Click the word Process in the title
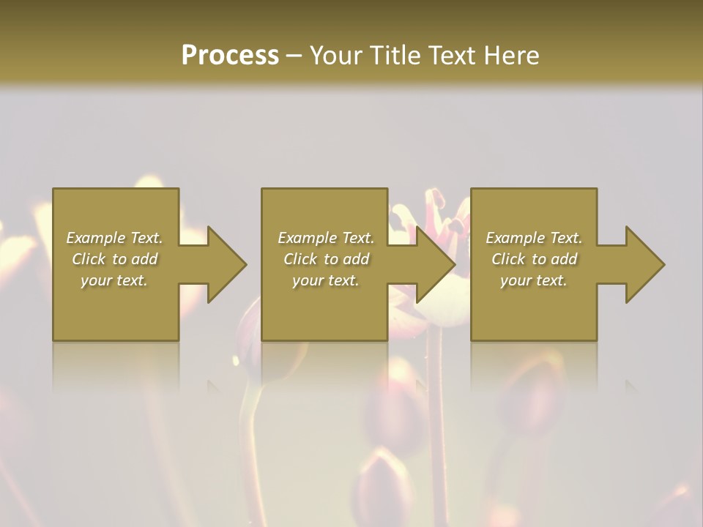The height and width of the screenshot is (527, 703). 230,56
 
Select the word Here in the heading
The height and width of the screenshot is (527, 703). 510,56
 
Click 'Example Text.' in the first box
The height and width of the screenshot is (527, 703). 114,238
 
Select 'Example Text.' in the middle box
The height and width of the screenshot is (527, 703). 326,238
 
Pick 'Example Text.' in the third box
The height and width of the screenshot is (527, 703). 534,238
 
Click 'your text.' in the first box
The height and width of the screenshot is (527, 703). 114,280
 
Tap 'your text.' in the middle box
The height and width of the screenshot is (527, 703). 326,280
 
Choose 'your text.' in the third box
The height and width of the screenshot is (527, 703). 534,280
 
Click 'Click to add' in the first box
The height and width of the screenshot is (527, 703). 114,259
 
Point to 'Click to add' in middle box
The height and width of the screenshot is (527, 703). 326,259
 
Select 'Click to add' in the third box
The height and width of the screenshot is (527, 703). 534,259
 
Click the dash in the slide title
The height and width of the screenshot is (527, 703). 294,56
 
